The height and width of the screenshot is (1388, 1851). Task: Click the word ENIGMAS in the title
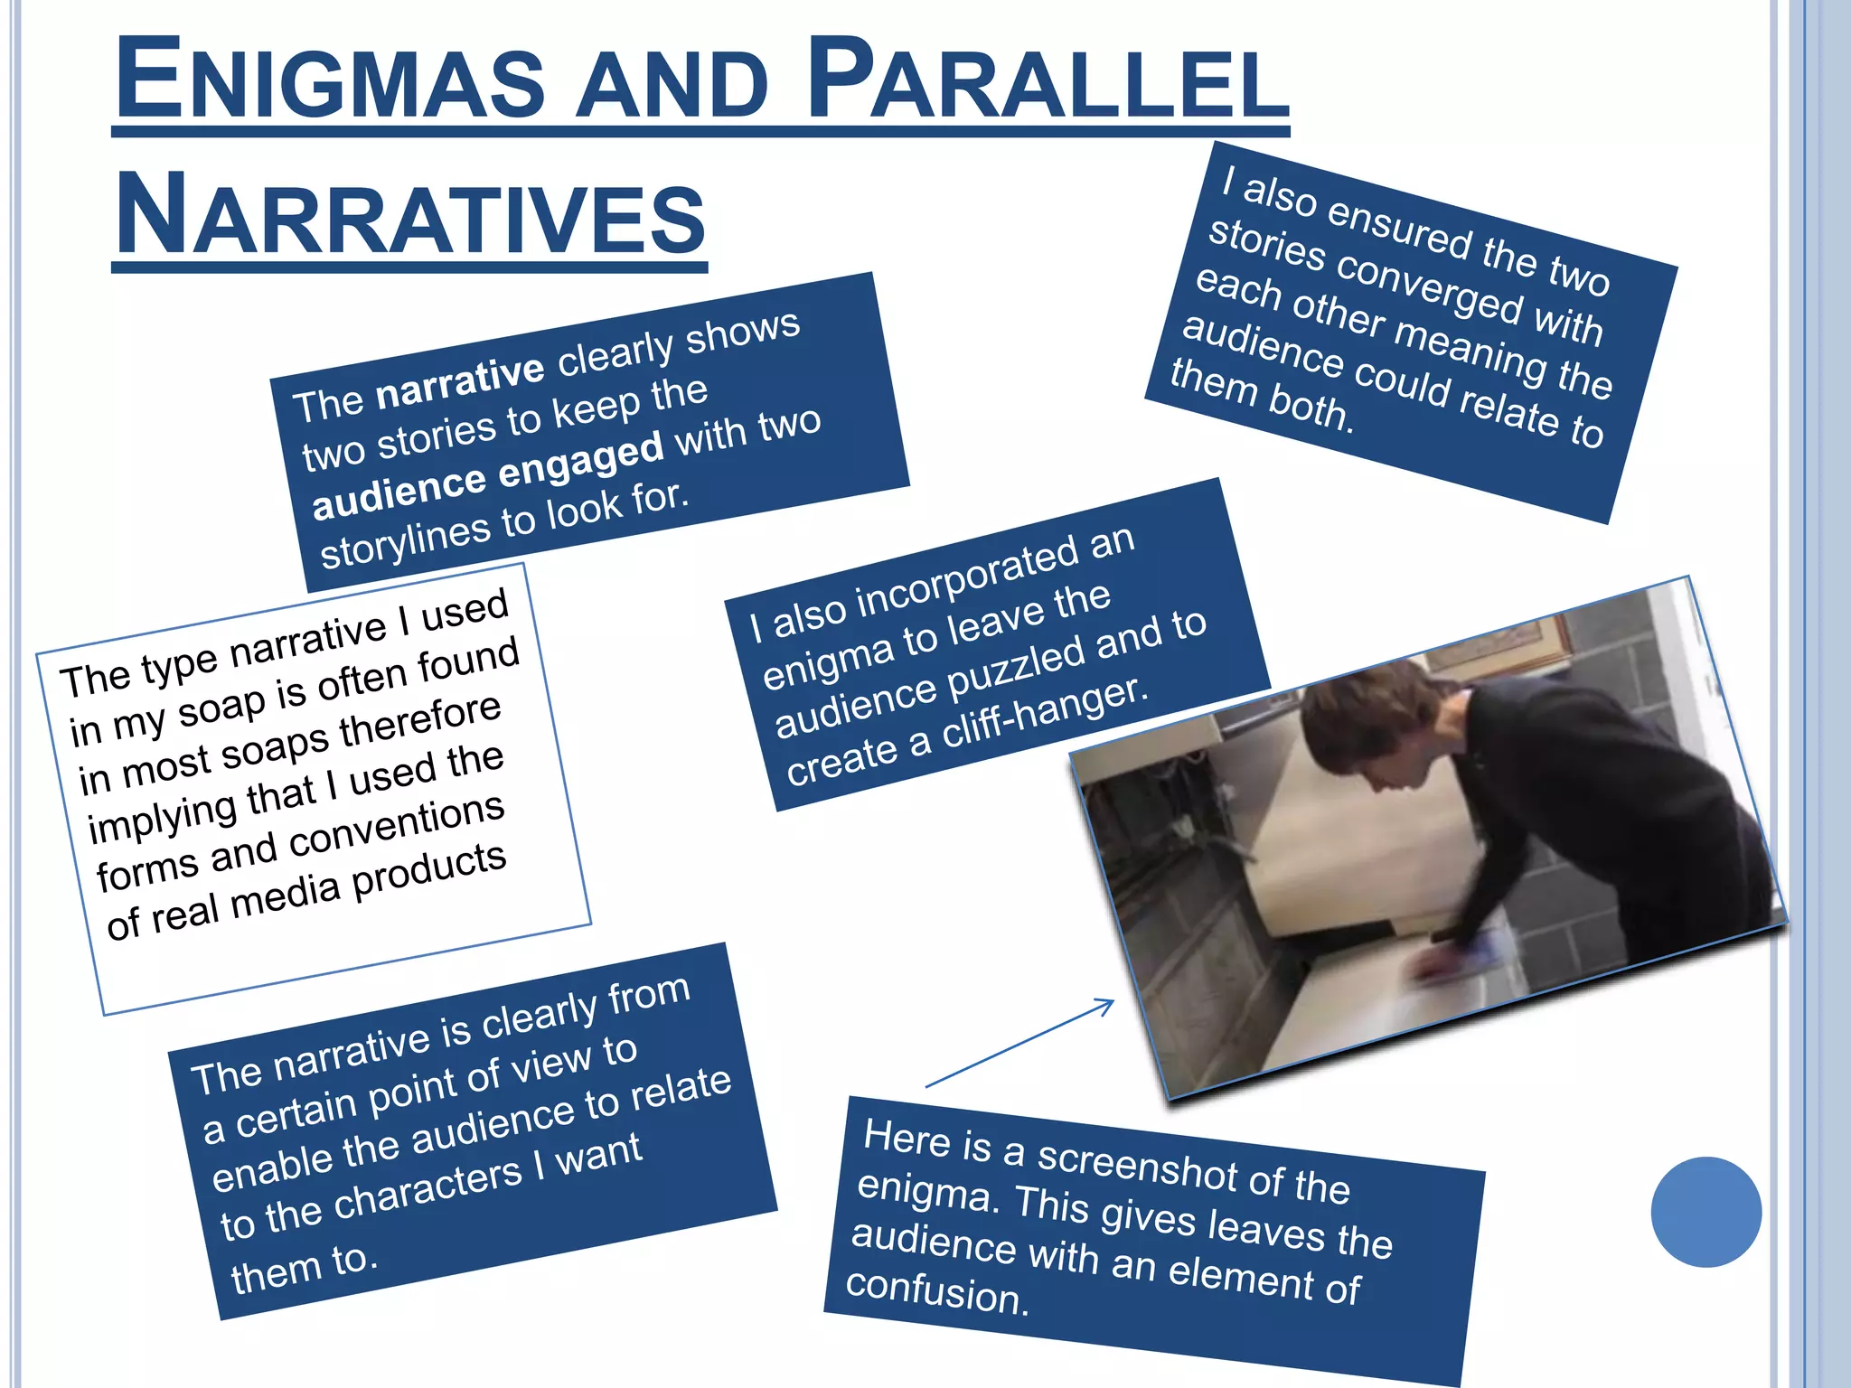tap(331, 80)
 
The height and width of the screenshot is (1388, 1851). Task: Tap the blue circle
tap(1705, 1212)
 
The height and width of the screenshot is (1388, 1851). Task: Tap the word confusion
tap(935, 1292)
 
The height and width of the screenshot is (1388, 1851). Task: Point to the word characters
tap(428, 1187)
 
